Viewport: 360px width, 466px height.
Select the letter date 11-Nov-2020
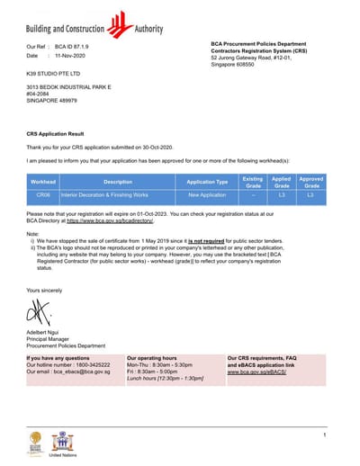tap(74, 56)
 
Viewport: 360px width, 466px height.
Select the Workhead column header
tap(43, 181)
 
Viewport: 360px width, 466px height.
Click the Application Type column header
tap(207, 181)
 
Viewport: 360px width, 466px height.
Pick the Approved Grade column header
tap(310, 181)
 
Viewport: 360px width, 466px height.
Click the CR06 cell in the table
tap(43, 194)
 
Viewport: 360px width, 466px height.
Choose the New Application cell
tap(207, 194)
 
